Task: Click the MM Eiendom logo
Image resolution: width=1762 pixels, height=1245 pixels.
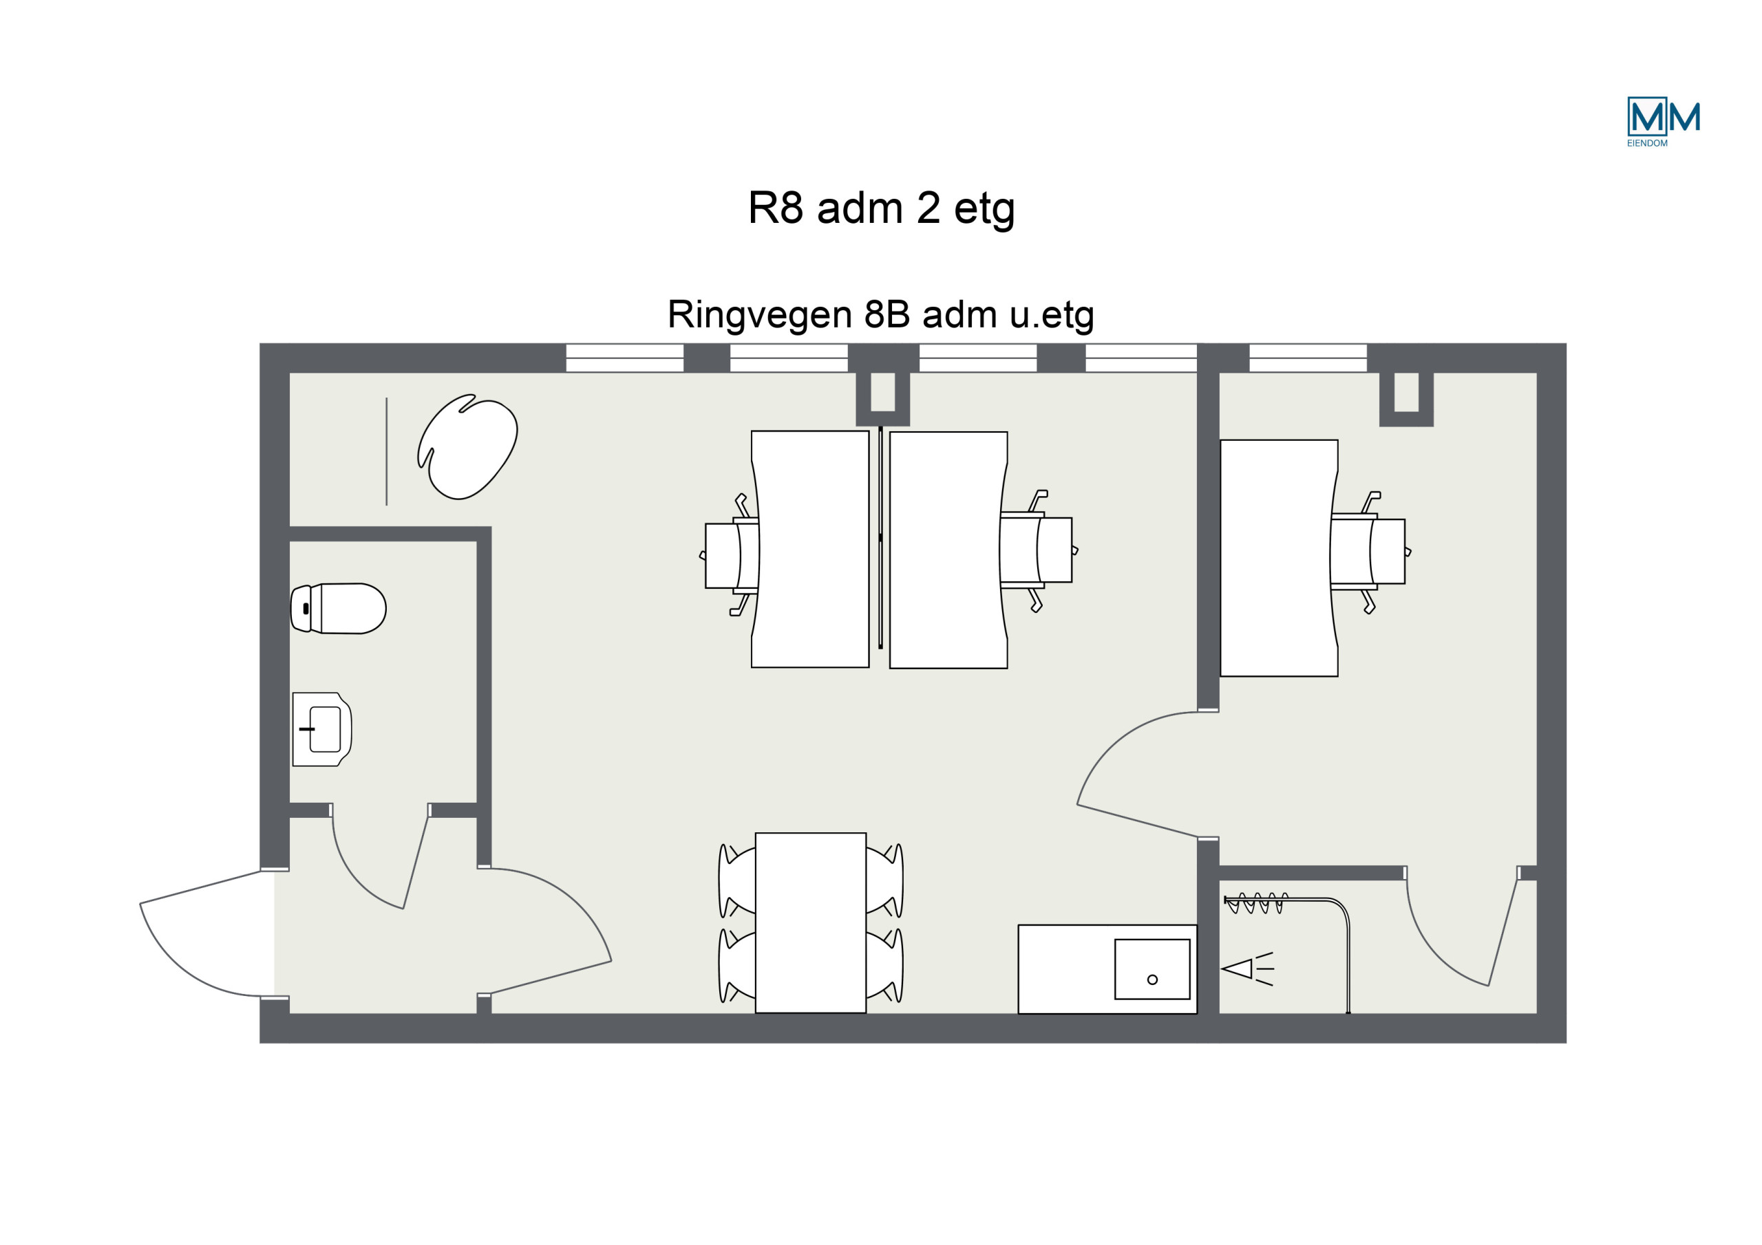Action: (x=1663, y=121)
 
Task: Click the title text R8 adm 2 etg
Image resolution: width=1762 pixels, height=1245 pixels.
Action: (x=881, y=208)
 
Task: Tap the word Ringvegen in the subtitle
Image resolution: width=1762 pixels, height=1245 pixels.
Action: (x=760, y=315)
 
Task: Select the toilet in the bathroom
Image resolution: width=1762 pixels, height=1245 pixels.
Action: (x=338, y=608)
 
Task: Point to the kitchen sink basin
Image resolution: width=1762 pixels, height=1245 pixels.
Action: (x=1152, y=969)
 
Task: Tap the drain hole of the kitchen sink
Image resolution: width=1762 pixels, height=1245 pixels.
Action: (x=1152, y=979)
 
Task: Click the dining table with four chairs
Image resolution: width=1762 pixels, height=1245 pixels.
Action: (x=810, y=923)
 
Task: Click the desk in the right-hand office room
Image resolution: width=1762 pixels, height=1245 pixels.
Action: (x=1280, y=558)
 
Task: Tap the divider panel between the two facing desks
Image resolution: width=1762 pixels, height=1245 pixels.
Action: (x=880, y=538)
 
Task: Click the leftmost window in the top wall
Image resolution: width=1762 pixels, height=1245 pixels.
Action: (x=625, y=358)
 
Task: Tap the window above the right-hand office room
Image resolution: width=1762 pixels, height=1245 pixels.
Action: (x=1308, y=358)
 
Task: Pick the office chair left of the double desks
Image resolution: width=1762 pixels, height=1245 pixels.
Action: (x=729, y=555)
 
